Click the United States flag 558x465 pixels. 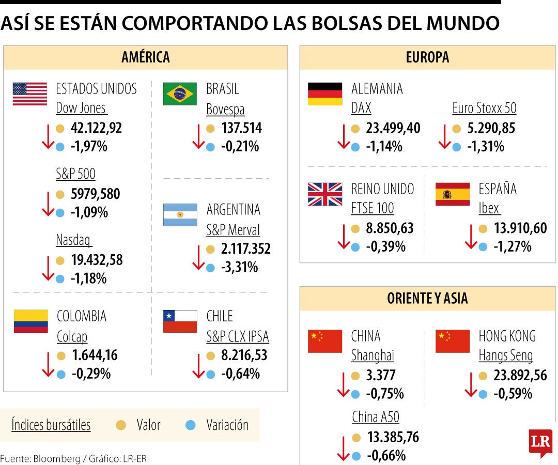coord(29,94)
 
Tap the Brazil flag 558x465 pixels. coord(180,94)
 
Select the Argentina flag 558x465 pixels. coord(180,215)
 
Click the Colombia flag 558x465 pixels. coord(30,321)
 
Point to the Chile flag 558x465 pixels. coord(180,321)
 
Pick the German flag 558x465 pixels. coord(325,94)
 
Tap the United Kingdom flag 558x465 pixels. coord(325,194)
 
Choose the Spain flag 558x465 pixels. coord(453,194)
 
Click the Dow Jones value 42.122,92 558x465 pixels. coord(96,128)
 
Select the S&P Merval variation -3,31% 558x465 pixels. coord(239,268)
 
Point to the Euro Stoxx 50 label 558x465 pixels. coord(484,109)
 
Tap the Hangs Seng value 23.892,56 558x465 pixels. coord(513,376)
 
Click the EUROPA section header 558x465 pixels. coord(427,57)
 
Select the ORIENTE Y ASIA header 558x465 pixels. coord(427,298)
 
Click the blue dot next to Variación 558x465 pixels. coord(191,425)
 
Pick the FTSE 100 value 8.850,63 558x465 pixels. coord(390,228)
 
